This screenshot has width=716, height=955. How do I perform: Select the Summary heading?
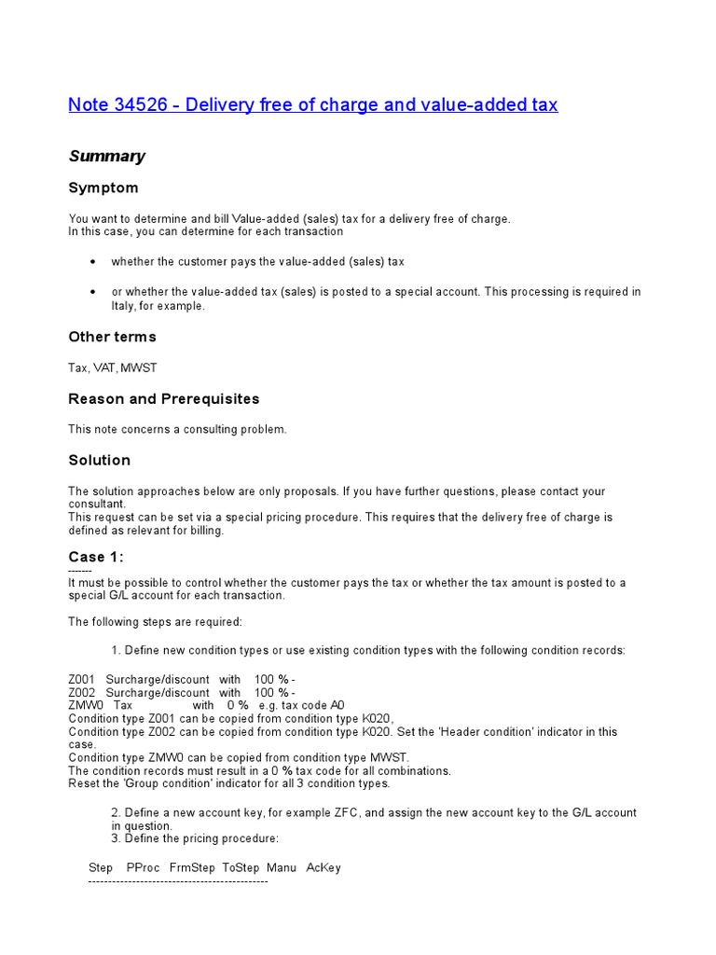[x=106, y=156]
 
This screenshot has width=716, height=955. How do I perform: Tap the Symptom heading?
[x=103, y=187]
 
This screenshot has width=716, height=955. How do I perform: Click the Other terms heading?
[x=113, y=337]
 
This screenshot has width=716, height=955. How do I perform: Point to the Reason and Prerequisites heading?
[x=164, y=398]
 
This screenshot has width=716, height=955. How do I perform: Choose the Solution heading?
[x=100, y=460]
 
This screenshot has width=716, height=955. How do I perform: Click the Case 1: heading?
[x=96, y=557]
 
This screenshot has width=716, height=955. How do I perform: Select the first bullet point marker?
[x=92, y=262]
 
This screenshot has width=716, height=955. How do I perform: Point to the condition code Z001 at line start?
[x=82, y=680]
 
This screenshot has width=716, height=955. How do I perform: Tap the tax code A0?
[x=337, y=706]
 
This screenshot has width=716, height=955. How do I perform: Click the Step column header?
[x=101, y=867]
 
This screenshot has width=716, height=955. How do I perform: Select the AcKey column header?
[x=324, y=867]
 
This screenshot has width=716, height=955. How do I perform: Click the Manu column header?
[x=281, y=867]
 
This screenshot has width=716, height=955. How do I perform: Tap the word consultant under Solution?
[x=95, y=504]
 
